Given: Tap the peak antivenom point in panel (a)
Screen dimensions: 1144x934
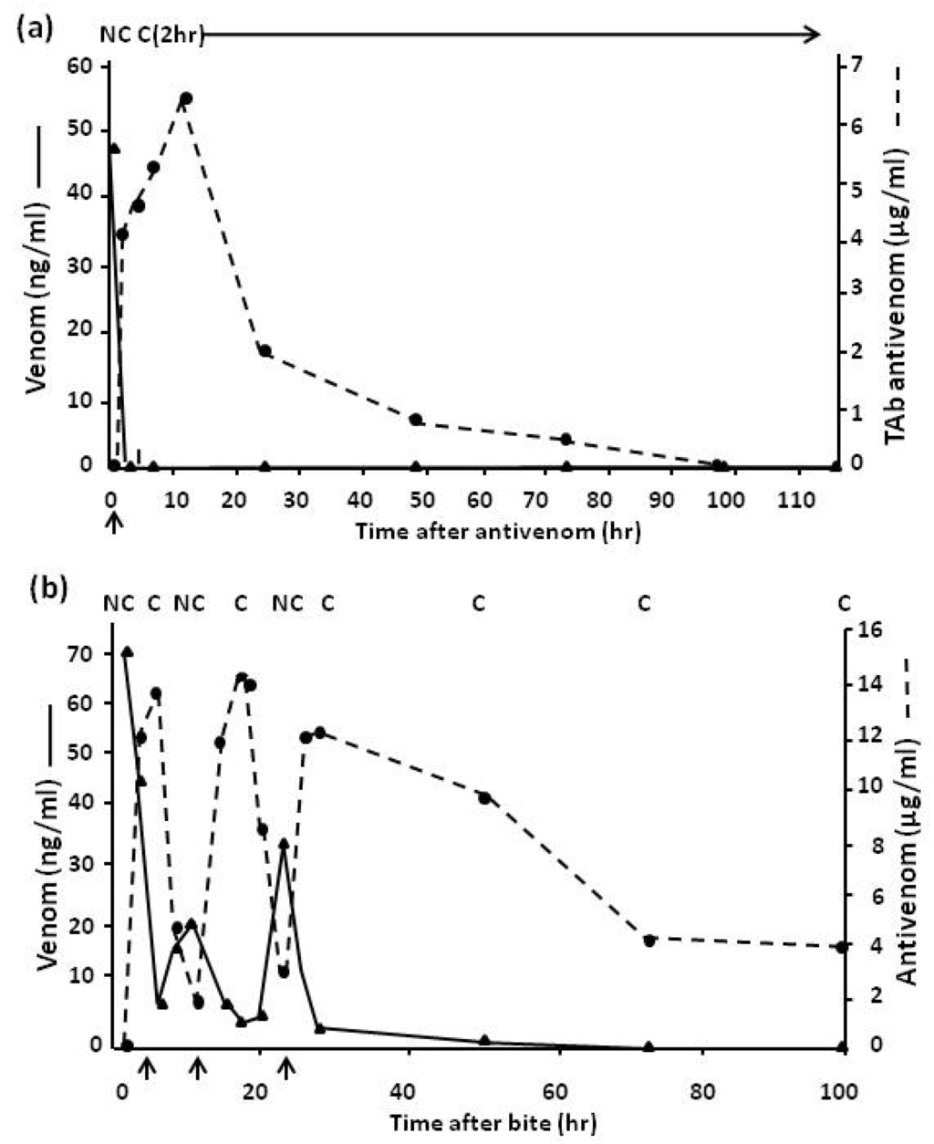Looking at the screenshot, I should (x=186, y=99).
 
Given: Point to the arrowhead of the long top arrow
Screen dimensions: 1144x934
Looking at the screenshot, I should (x=813, y=35).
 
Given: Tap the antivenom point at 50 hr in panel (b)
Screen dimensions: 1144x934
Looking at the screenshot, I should (x=484, y=798).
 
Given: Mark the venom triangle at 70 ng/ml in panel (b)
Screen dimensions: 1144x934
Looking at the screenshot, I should (x=128, y=652).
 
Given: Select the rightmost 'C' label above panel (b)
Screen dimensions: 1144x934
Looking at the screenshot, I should (x=845, y=603).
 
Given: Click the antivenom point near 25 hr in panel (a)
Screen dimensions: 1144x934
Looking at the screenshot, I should (x=265, y=350).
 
